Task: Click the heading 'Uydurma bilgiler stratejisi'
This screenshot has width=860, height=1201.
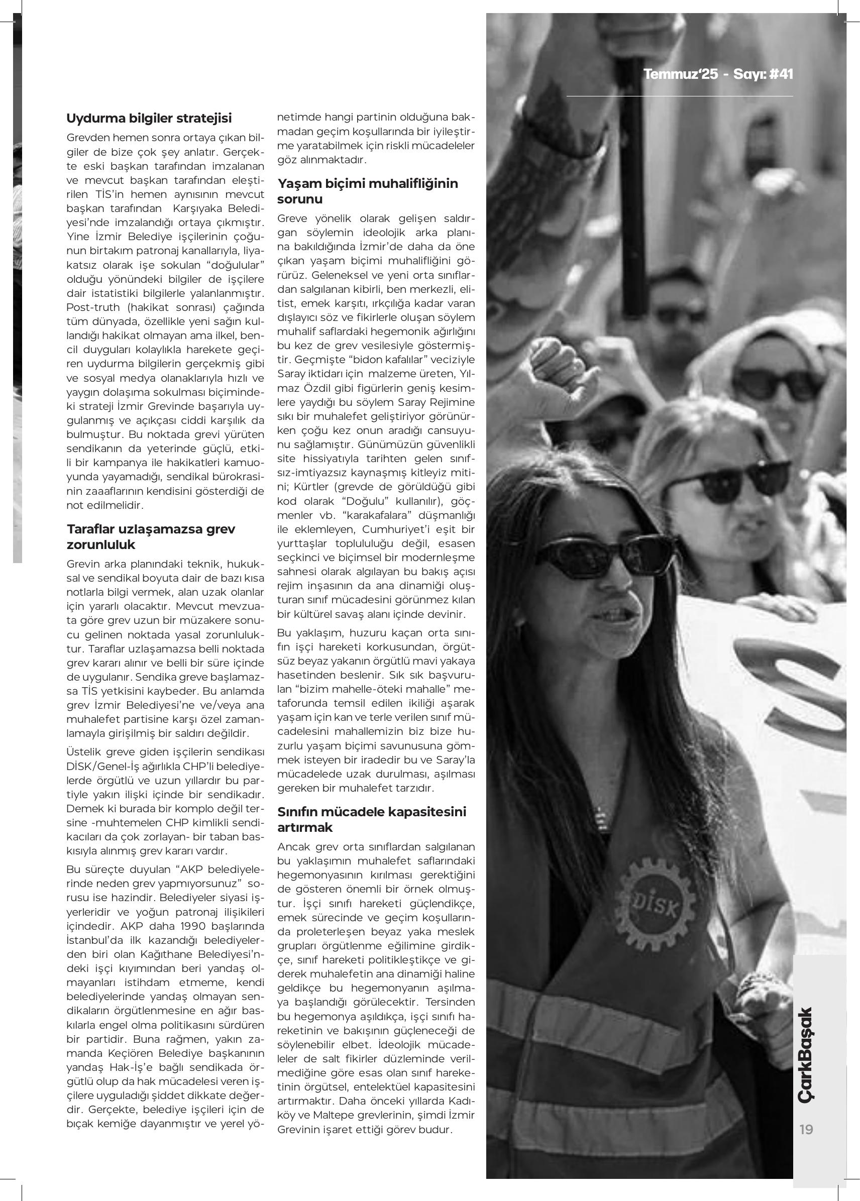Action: tap(149, 118)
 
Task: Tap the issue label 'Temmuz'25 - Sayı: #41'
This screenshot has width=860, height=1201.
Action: tap(718, 74)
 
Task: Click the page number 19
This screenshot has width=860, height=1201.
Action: tap(806, 1129)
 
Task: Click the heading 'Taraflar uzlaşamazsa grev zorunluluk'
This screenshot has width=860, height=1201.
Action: tap(151, 536)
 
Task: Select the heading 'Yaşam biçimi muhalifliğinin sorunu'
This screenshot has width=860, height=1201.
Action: tap(368, 191)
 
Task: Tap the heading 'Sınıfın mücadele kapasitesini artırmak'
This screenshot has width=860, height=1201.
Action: tap(371, 819)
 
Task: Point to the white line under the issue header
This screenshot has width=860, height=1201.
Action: tap(680, 96)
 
